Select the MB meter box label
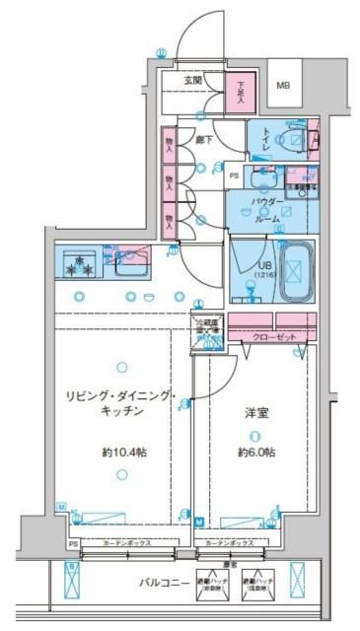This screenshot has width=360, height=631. (284, 85)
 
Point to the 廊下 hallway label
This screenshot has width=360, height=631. (203, 141)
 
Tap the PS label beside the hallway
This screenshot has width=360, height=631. (234, 176)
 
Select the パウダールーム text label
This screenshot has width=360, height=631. (267, 209)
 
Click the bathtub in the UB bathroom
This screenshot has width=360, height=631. (293, 269)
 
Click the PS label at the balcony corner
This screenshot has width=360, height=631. (72, 543)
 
